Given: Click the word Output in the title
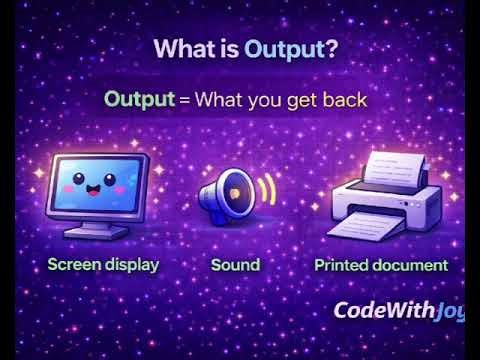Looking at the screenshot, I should click(284, 50).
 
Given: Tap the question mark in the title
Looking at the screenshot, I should click(332, 50).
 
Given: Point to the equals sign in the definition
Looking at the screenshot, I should click(185, 100).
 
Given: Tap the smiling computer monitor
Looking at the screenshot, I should click(100, 190).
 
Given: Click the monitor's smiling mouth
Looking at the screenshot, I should click(99, 192).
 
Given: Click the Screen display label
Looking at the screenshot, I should click(103, 265).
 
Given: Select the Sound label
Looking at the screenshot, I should click(235, 265).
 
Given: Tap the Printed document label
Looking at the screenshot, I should click(381, 265).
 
